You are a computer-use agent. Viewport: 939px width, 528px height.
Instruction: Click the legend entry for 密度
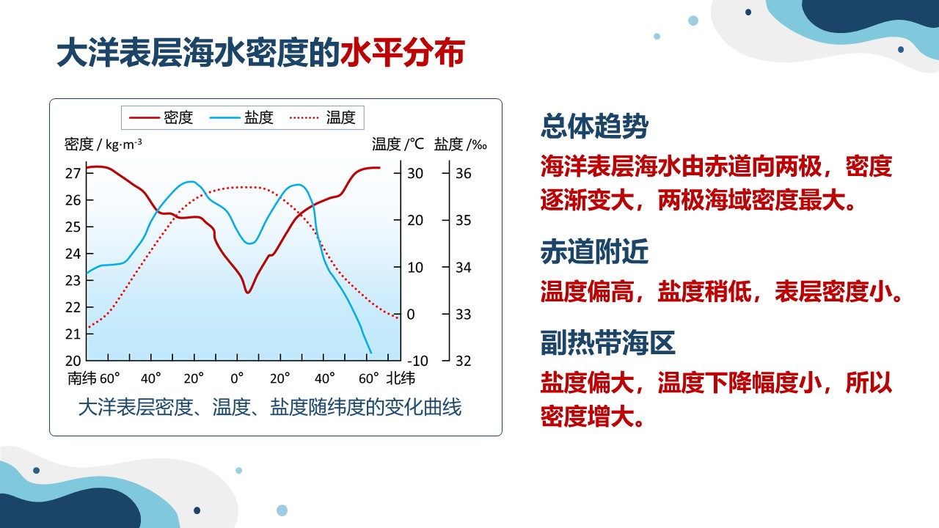(161, 118)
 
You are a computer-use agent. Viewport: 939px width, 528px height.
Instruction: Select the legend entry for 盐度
(241, 118)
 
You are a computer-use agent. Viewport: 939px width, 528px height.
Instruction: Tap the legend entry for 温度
(322, 118)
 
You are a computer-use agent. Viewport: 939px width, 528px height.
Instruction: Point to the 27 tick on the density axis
(73, 173)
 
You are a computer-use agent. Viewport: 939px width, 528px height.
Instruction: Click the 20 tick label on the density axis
(73, 361)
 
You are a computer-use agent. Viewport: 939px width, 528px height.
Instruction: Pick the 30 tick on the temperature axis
(415, 173)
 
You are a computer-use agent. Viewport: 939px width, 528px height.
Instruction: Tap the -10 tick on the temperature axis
(417, 361)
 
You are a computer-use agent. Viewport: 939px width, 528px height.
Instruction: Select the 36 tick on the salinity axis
(463, 173)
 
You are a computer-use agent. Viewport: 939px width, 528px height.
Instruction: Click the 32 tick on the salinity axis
(463, 361)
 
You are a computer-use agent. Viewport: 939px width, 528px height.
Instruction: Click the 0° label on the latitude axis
(237, 379)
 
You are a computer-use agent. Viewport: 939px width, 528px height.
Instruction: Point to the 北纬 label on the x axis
(401, 378)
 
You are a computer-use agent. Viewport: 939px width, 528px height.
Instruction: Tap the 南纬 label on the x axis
(81, 378)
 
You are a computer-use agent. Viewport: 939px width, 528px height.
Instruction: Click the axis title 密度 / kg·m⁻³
(103, 144)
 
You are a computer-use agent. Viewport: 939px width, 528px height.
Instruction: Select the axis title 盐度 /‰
(460, 144)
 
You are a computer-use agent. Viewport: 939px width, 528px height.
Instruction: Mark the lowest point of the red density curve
(248, 293)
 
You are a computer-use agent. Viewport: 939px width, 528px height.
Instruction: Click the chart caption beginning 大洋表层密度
(270, 407)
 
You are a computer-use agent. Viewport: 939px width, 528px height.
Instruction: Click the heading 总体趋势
(594, 125)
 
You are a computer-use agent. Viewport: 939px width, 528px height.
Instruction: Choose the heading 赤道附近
(594, 252)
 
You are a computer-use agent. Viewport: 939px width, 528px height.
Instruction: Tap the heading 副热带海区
(608, 342)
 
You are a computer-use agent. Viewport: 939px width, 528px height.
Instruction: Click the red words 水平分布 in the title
(403, 53)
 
